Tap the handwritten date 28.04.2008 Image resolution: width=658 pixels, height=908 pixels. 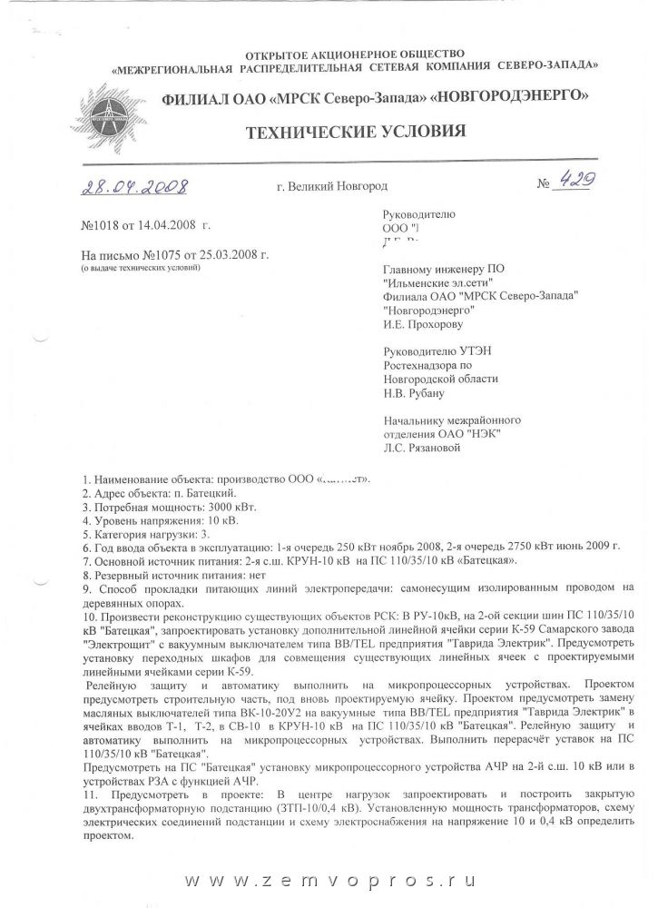click(x=133, y=187)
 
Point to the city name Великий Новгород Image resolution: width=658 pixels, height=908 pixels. click(x=337, y=186)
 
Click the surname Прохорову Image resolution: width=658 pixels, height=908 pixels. click(x=437, y=321)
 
